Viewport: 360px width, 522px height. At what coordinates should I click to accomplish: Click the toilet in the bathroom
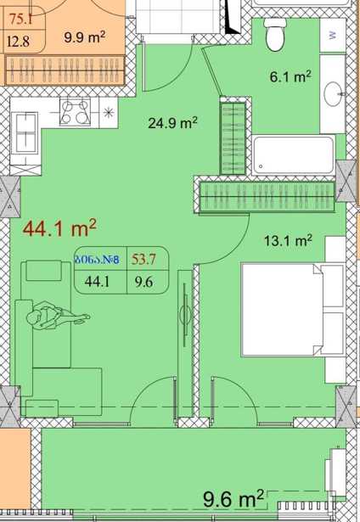pyautogui.click(x=275, y=34)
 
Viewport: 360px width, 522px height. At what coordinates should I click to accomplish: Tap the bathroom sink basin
pyautogui.click(x=333, y=94)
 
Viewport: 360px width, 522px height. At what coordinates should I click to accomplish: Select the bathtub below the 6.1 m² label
pyautogui.click(x=294, y=155)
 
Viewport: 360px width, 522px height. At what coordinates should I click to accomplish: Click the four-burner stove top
pyautogui.click(x=76, y=112)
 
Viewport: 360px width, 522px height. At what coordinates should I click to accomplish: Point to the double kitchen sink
pyautogui.click(x=25, y=132)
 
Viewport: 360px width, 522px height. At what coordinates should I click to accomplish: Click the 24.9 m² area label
pyautogui.click(x=172, y=123)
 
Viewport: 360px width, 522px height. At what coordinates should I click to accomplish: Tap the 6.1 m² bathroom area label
pyautogui.click(x=290, y=76)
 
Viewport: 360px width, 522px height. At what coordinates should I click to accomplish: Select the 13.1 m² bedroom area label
pyautogui.click(x=288, y=240)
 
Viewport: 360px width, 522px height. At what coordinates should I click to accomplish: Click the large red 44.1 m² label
pyautogui.click(x=59, y=228)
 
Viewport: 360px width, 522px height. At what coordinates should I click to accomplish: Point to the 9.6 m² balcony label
pyautogui.click(x=233, y=498)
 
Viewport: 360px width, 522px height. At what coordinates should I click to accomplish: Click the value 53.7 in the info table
pyautogui.click(x=143, y=259)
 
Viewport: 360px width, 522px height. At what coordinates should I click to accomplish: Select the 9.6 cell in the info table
pyautogui.click(x=143, y=282)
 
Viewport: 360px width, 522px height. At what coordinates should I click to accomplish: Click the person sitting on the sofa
pyautogui.click(x=57, y=316)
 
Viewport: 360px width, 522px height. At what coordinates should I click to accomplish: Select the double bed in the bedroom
pyautogui.click(x=293, y=310)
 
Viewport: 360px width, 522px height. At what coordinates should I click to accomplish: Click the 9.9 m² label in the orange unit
pyautogui.click(x=85, y=37)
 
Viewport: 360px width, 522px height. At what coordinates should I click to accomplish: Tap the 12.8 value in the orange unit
pyautogui.click(x=19, y=42)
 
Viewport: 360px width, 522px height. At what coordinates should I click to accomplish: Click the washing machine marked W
pyautogui.click(x=332, y=35)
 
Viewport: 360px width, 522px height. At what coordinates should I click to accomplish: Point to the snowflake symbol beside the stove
pyautogui.click(x=108, y=113)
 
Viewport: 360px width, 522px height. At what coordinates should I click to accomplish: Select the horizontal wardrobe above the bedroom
pyautogui.click(x=267, y=196)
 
